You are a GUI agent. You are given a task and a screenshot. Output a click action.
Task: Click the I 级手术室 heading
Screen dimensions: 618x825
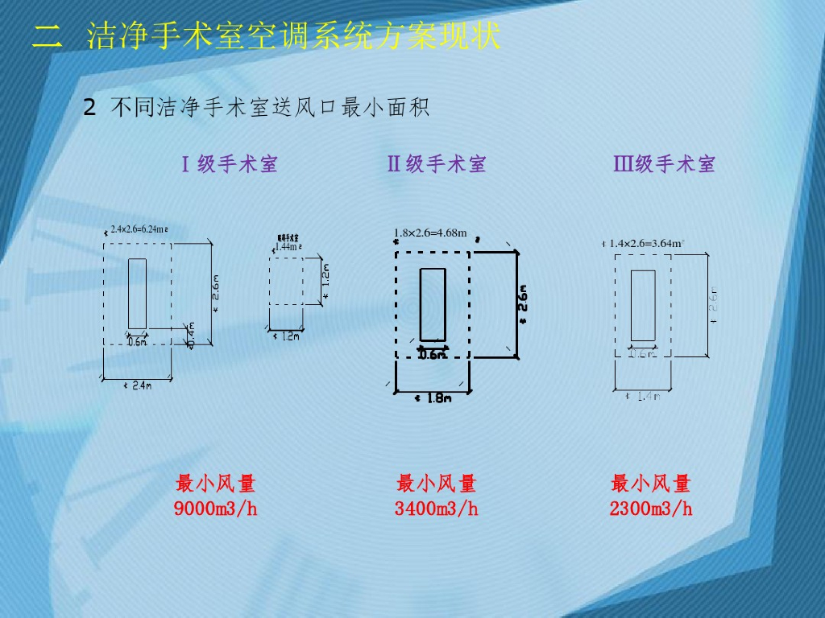230,165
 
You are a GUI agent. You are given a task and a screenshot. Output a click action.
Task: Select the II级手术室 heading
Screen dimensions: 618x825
437,165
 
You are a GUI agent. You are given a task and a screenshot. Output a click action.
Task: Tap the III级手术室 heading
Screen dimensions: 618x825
665,165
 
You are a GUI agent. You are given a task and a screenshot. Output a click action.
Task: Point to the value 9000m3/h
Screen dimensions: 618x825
216,509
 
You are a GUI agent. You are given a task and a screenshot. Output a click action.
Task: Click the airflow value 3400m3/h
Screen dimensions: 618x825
437,509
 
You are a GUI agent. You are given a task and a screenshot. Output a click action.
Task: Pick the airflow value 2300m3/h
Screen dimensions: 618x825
651,509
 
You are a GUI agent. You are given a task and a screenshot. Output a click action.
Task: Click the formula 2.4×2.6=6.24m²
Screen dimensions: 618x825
139,229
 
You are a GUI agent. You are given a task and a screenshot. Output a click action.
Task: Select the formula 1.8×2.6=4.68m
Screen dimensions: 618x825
430,233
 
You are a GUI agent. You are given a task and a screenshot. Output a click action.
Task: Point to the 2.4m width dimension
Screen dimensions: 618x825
139,385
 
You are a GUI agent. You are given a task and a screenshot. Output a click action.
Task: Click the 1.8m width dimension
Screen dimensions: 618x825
435,398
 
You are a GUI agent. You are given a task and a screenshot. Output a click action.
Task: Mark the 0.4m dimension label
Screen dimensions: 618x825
191,335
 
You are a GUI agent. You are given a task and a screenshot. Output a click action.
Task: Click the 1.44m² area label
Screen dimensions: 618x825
288,247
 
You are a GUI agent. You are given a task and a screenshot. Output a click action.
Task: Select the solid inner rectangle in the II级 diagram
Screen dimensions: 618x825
433,304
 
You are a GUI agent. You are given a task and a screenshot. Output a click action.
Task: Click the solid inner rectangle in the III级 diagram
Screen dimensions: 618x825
643,305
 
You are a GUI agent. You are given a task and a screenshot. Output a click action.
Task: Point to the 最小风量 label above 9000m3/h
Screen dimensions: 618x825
216,484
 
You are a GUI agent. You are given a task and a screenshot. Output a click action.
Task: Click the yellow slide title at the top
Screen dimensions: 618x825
266,37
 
